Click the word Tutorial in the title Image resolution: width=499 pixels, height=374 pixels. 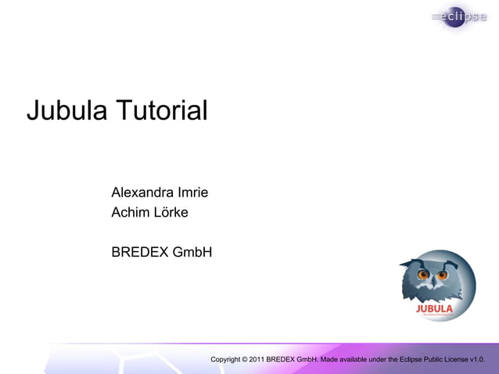tap(162, 111)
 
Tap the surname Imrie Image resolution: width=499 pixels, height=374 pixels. tap(193, 192)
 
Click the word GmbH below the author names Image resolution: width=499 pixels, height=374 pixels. tap(192, 253)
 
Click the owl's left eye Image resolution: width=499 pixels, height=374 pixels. tap(424, 275)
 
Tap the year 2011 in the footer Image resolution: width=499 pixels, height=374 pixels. tap(257, 359)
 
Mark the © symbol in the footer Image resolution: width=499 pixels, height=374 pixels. tap(245, 359)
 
